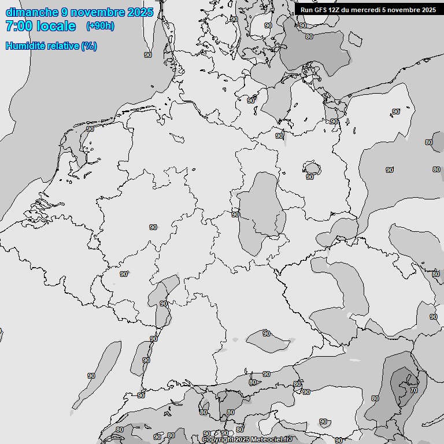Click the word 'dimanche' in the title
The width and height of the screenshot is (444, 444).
tap(32, 12)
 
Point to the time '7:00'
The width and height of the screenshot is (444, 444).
tap(18, 26)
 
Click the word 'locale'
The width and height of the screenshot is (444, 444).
tap(56, 26)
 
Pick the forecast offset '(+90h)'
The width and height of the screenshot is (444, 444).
tap(100, 26)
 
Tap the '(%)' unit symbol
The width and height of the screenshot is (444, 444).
tap(89, 46)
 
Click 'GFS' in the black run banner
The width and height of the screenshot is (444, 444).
tap(319, 10)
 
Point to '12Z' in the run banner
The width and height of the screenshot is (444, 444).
tap(334, 10)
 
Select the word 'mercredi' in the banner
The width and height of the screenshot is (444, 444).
tap(365, 10)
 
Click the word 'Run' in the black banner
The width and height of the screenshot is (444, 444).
tap(306, 10)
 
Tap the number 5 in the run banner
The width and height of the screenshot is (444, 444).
tap(384, 10)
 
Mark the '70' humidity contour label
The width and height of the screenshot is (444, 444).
tap(414, 390)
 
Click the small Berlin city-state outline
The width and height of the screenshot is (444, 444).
tap(312, 169)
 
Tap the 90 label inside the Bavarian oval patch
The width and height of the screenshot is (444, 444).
tap(267, 334)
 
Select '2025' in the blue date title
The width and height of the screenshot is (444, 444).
tap(139, 12)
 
